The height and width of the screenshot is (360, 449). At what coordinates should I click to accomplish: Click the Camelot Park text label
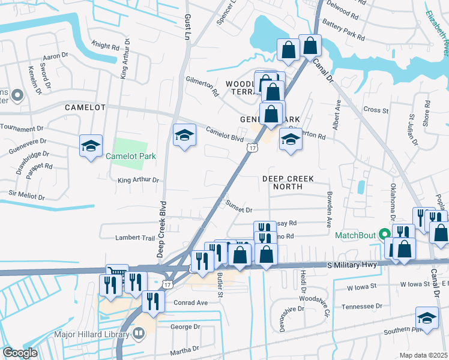point(130,157)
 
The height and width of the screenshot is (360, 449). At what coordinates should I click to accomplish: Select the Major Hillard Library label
point(90,332)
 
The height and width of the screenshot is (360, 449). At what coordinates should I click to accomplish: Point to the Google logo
point(20,353)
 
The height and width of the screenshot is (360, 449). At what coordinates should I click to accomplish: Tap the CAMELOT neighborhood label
point(85,107)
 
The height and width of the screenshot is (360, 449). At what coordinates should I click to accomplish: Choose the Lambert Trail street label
point(136,238)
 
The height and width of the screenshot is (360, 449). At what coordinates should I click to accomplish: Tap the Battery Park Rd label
point(344,30)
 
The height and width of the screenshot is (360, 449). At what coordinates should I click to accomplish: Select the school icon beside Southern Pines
point(427,318)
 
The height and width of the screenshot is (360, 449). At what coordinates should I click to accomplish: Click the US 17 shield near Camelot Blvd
point(253,147)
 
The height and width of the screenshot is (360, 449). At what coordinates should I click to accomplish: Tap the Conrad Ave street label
point(192,303)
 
